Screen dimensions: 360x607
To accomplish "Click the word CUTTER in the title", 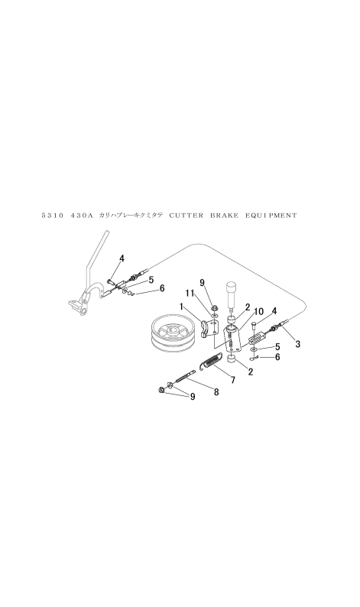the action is (x=186, y=216).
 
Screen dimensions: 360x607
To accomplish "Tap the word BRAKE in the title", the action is (x=225, y=216).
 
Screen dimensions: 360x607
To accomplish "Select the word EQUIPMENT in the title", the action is (x=271, y=216).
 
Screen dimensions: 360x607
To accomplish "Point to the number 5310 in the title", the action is (x=52, y=216).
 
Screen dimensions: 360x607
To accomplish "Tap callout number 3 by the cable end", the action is (x=297, y=343).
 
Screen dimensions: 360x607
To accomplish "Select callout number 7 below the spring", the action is (x=232, y=381).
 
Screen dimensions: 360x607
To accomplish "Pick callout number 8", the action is (x=216, y=392).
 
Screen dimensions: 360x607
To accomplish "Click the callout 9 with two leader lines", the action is (x=193, y=397).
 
